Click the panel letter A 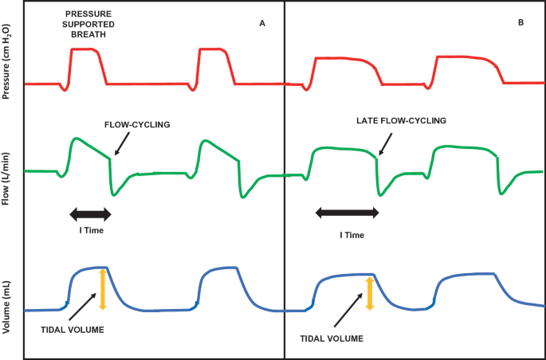(x=261, y=23)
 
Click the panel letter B (x=520, y=23)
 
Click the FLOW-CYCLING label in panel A (x=138, y=125)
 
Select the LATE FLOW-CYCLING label (x=400, y=121)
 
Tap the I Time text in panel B (x=352, y=235)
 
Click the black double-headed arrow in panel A (x=90, y=213)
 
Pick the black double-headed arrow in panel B (x=348, y=213)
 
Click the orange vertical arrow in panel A (x=102, y=289)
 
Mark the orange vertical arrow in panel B (x=368, y=293)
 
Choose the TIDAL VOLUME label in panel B (x=332, y=338)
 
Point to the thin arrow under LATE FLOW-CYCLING (x=386, y=143)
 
